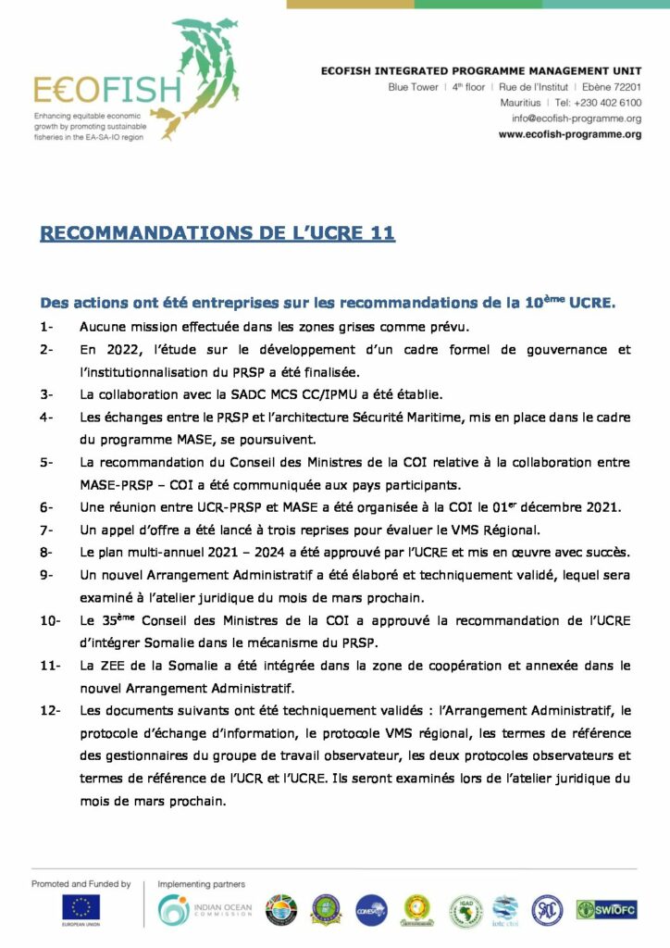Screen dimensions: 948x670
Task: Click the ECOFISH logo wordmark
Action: coord(107,89)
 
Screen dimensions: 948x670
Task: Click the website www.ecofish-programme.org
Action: coord(570,134)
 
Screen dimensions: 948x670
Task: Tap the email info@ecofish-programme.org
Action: coord(577,118)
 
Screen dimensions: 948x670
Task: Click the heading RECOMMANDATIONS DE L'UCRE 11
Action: coord(217,232)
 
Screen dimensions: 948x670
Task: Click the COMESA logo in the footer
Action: coord(372,910)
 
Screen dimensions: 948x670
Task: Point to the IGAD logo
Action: coord(465,910)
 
